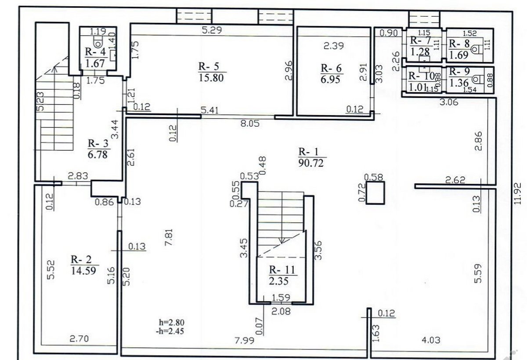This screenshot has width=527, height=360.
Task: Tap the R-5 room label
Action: [x=212, y=67]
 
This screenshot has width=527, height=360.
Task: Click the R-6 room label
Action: [x=332, y=68]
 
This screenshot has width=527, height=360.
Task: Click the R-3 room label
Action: [x=97, y=143]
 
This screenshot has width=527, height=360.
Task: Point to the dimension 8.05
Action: [x=250, y=124]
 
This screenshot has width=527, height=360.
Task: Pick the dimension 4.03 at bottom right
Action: [x=431, y=340]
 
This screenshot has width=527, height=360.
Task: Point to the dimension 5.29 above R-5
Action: [x=211, y=30]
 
